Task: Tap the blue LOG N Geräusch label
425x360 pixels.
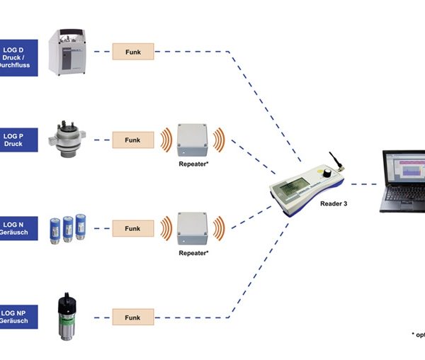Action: click(x=18, y=227)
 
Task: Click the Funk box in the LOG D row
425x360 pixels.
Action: click(x=132, y=51)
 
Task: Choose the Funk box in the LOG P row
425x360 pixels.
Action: click(x=132, y=140)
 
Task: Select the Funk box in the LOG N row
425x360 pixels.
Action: click(x=132, y=229)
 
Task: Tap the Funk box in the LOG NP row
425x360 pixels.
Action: click(x=132, y=316)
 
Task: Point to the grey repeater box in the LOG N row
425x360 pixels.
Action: click(x=193, y=227)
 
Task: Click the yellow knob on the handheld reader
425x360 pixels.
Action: click(x=327, y=173)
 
